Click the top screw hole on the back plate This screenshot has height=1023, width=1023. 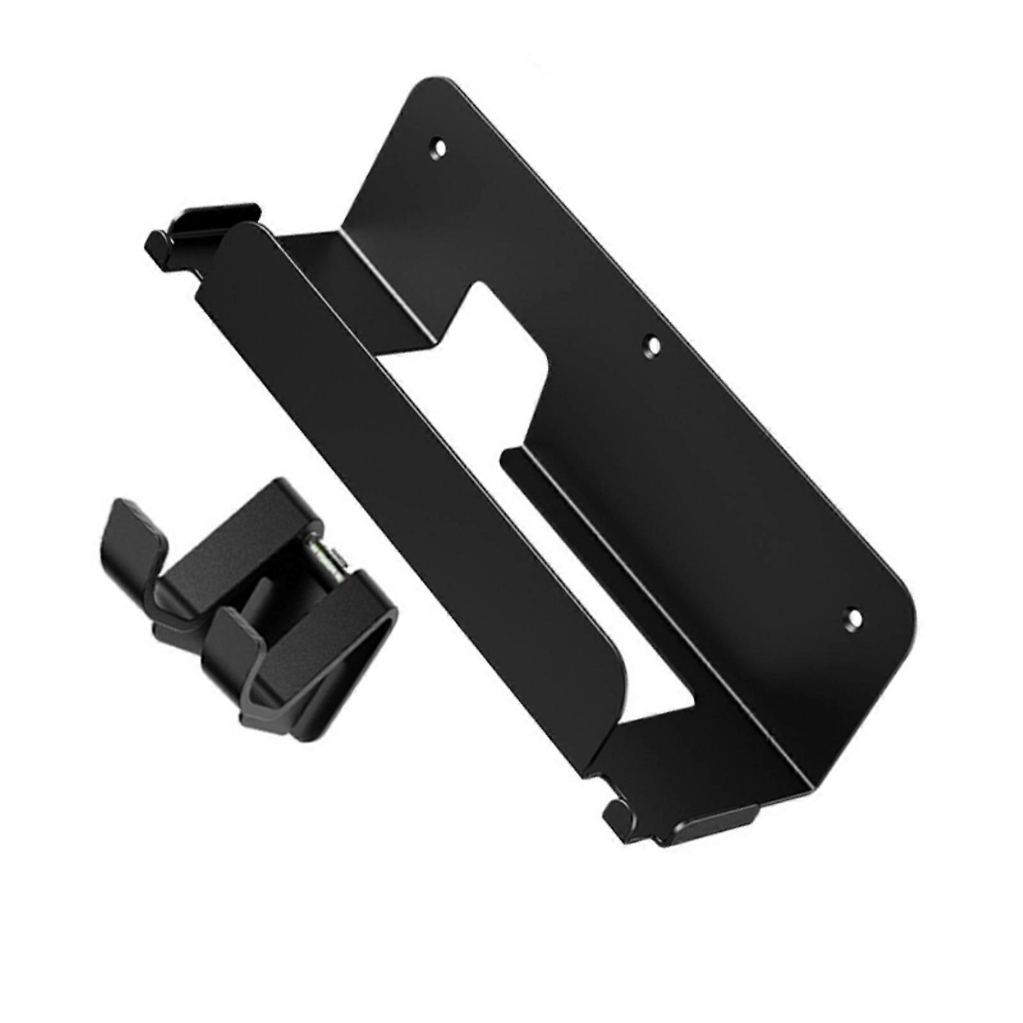click(x=439, y=146)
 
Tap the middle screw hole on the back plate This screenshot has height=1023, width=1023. click(x=653, y=346)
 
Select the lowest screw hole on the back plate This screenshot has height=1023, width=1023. click(x=853, y=618)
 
